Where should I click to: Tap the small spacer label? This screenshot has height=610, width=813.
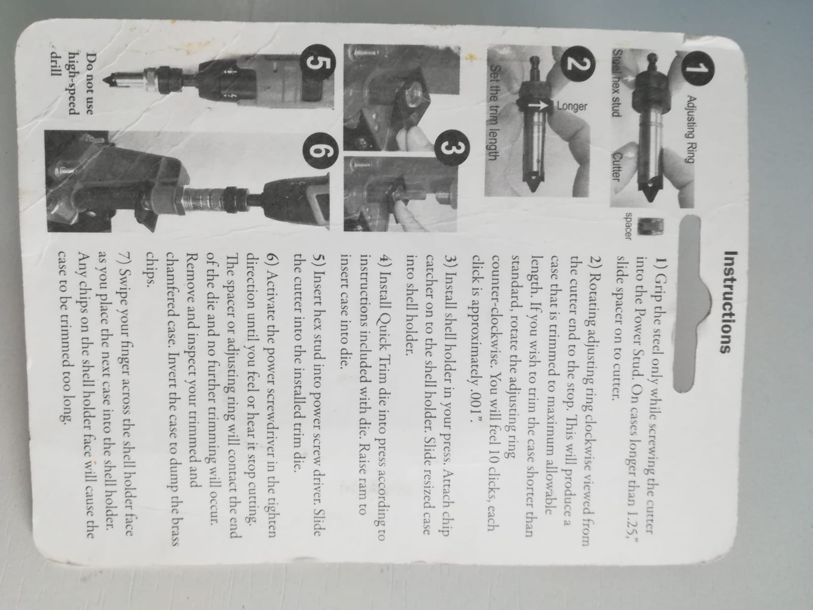[628, 226]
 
